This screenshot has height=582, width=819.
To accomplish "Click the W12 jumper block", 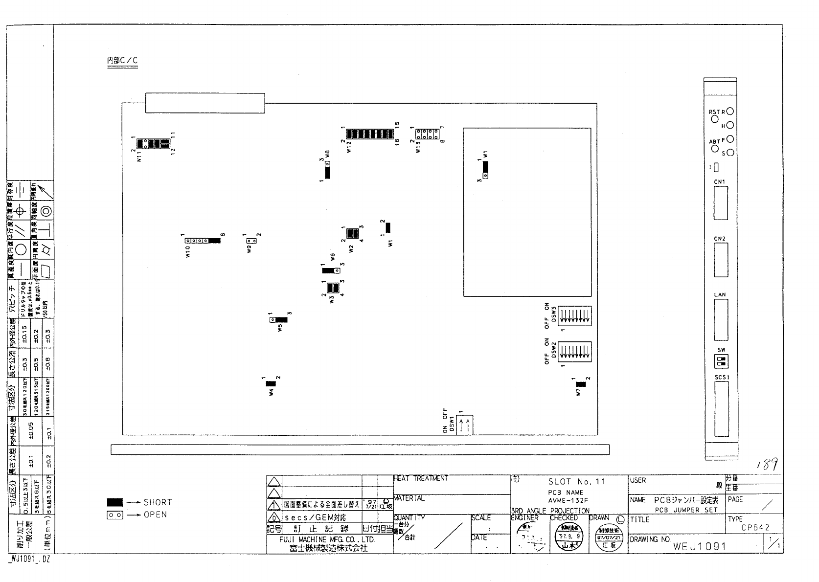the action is click(369, 134).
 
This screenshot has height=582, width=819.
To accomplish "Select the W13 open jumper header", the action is click(428, 134).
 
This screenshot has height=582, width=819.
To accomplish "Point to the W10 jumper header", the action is click(202, 241).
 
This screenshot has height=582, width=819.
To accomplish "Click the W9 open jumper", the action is click(251, 241).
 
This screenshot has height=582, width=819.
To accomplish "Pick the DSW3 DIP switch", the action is click(574, 316).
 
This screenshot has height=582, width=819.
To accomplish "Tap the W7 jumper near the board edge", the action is click(580, 384).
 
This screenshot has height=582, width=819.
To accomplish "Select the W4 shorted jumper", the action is click(270, 384).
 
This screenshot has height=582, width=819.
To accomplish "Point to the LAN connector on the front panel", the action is click(720, 319).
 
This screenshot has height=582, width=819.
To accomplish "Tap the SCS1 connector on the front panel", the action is click(721, 409).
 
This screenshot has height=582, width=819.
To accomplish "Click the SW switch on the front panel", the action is click(721, 362).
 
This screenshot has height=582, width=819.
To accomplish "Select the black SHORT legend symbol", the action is click(115, 502).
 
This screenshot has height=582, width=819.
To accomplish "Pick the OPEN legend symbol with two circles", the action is click(115, 515).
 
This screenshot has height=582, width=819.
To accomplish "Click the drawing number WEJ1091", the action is click(699, 546).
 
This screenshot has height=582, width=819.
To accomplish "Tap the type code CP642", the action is click(755, 528).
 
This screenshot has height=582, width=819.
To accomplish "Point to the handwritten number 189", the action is click(767, 465).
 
